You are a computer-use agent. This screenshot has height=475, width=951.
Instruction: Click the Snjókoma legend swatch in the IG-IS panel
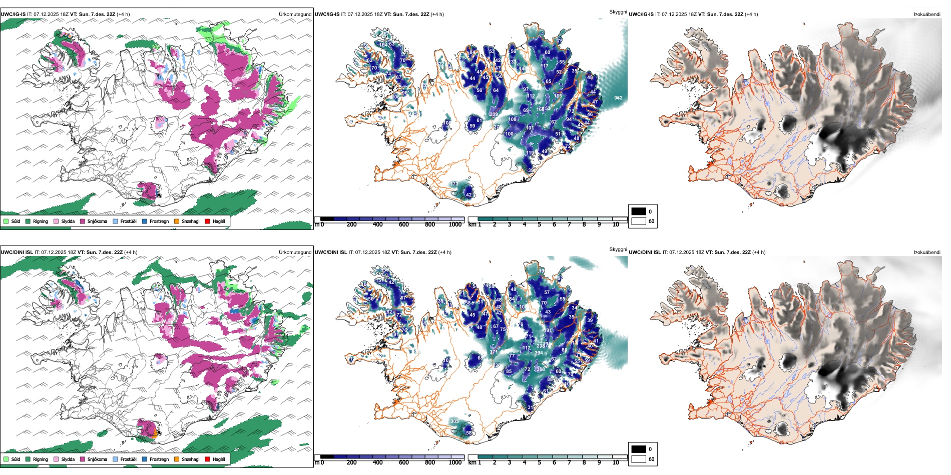pyautogui.click(x=83, y=221)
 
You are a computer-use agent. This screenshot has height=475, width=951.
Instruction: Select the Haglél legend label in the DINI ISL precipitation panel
pyautogui.click(x=219, y=459)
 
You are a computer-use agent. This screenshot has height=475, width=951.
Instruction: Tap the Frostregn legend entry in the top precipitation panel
pyautogui.click(x=159, y=221)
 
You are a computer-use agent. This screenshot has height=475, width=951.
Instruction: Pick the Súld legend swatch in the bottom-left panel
pyautogui.click(x=6, y=459)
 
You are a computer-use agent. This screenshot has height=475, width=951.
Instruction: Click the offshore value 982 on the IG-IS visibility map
pyautogui.click(x=618, y=98)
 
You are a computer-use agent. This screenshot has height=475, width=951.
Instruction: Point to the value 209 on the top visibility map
pyautogui.click(x=494, y=114)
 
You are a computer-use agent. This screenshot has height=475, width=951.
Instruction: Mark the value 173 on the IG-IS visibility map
pyautogui.click(x=454, y=184)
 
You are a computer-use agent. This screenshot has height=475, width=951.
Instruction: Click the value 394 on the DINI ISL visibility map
pyautogui.click(x=539, y=353)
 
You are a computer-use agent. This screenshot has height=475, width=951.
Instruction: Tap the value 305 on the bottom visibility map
pyautogui.click(x=454, y=421)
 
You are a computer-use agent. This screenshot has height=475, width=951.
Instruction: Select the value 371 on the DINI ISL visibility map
pyautogui.click(x=494, y=352)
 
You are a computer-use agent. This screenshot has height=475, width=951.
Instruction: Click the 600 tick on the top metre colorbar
pyautogui.click(x=403, y=224)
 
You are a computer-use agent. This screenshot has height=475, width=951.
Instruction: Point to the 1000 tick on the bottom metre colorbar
pyautogui.click(x=455, y=462)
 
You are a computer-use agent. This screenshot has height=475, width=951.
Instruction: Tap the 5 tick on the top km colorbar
pyautogui.click(x=539, y=224)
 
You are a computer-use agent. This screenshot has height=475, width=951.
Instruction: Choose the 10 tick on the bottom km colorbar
pyautogui.click(x=616, y=462)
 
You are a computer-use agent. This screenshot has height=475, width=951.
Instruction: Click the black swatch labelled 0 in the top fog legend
pyautogui.click(x=639, y=211)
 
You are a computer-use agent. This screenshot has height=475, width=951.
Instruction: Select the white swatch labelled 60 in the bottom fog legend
pyautogui.click(x=639, y=459)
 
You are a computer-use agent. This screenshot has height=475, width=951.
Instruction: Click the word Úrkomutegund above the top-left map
pyautogui.click(x=295, y=14)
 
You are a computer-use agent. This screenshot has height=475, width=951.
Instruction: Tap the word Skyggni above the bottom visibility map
pyautogui.click(x=618, y=249)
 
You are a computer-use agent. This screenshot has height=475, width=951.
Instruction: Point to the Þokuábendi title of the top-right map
pyautogui.click(x=927, y=14)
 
